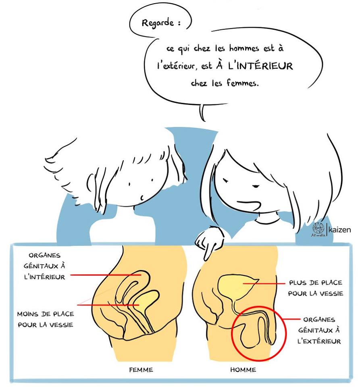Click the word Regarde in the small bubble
[x=158, y=23]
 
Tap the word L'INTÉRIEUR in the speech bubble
[x=260, y=66]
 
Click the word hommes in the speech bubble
[x=244, y=48]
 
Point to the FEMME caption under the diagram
[x=141, y=370]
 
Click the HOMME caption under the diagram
[x=243, y=370]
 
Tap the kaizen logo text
[x=339, y=230]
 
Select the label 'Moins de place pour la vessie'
[x=46, y=319]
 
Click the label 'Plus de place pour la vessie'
[x=316, y=288]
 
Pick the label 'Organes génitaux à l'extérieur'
[x=319, y=331]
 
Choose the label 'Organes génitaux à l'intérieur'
[x=45, y=266]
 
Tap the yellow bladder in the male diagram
[x=236, y=286]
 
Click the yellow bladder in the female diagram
[x=146, y=300]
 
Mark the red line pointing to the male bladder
[x=264, y=283]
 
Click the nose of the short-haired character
[x=142, y=198]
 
